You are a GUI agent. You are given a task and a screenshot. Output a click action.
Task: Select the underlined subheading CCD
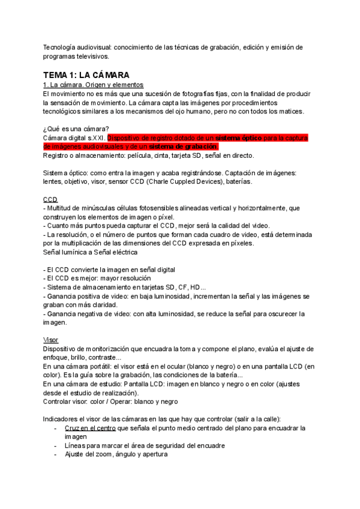click(x=50, y=199)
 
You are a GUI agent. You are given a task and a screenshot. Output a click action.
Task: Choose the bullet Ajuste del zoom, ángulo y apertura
click(x=116, y=454)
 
